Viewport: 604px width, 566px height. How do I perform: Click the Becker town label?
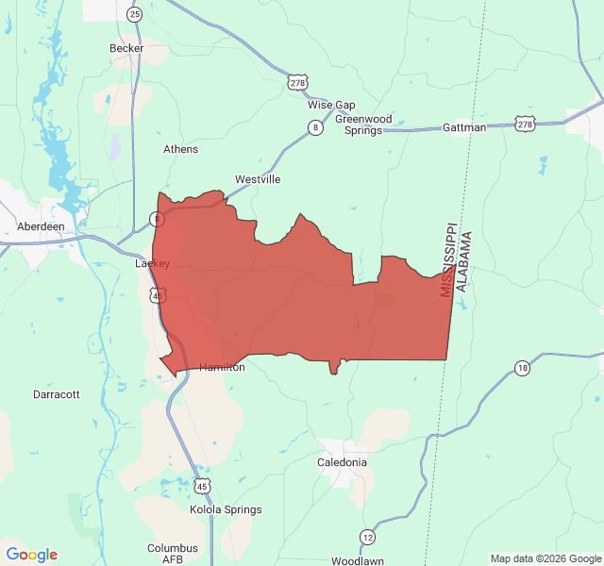(126, 48)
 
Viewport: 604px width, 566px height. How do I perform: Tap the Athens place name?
(180, 149)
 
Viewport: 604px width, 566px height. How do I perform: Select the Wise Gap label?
(331, 105)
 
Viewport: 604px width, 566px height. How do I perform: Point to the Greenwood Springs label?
(363, 125)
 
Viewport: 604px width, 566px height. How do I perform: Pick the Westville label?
(258, 179)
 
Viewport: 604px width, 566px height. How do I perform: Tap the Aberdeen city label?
(41, 227)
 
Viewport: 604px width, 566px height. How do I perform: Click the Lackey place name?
(152, 264)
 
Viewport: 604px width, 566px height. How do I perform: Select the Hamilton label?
(222, 368)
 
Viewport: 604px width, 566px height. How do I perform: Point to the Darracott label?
(57, 394)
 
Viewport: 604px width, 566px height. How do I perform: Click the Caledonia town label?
(342, 462)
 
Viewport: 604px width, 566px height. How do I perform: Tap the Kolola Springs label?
(226, 510)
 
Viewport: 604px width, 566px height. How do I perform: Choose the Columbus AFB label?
(173, 554)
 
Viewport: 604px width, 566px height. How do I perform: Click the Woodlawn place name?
(357, 561)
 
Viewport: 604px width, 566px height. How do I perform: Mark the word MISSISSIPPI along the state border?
(448, 260)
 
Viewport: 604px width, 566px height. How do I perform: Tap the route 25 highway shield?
(135, 14)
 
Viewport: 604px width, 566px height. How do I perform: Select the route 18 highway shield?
(522, 367)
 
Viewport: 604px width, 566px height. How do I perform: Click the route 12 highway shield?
(366, 537)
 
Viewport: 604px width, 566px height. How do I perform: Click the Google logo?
(32, 555)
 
